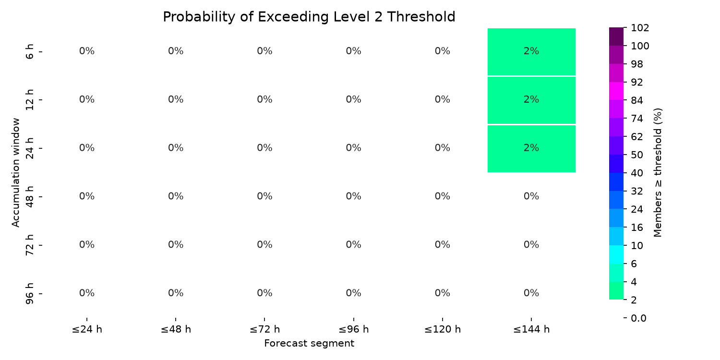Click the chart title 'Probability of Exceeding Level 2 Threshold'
[309, 17]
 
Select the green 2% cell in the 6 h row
[531, 52]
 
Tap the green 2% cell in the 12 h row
[531, 100]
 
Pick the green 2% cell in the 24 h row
[531, 149]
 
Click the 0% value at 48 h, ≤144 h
[531, 196]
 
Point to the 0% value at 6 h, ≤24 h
[87, 51]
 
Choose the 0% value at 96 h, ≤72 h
[264, 293]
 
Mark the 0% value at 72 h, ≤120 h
[442, 245]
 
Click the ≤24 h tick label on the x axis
[87, 329]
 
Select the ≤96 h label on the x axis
[354, 329]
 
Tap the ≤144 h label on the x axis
[531, 329]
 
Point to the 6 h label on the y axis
[29, 51]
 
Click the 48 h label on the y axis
[29, 196]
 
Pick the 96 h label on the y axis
[29, 293]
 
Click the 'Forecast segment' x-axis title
[309, 344]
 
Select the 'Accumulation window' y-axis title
[15, 173]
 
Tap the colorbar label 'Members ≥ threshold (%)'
[658, 173]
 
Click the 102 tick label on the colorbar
[640, 28]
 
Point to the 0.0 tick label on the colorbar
[638, 318]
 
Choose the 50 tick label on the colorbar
[637, 155]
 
